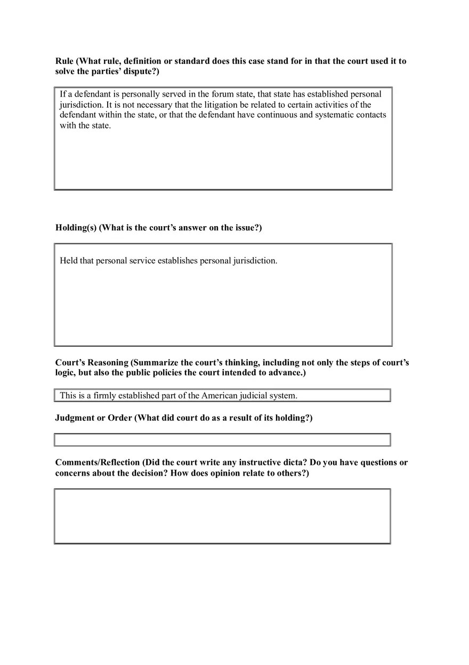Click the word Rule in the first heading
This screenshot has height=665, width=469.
[65, 61]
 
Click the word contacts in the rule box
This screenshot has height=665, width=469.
[370, 115]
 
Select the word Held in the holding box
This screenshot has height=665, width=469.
[69, 261]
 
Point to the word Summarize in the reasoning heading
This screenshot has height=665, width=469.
[155, 363]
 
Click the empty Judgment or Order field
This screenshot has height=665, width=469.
[222, 440]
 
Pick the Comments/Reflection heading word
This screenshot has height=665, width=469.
[98, 463]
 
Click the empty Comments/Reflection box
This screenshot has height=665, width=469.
[222, 516]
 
